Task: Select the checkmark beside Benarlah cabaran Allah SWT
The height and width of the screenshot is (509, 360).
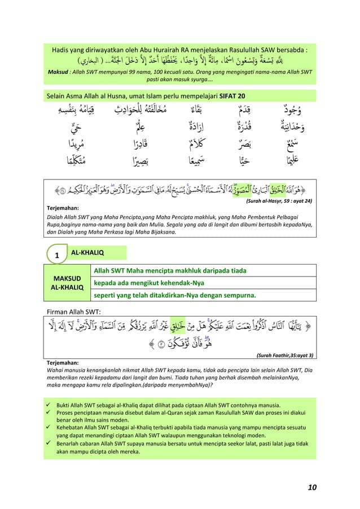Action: click(50, 444)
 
